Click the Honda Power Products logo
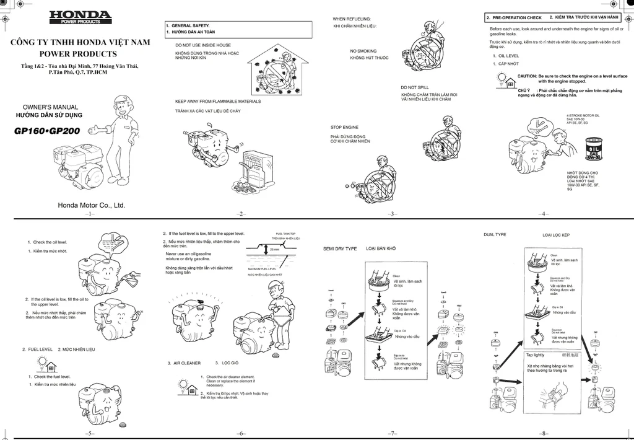(x=80, y=17)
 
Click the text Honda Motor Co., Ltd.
(x=91, y=205)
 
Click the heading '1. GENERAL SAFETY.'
(x=191, y=25)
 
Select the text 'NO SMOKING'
(x=363, y=51)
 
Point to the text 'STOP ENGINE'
(x=344, y=127)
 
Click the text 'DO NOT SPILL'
(x=414, y=87)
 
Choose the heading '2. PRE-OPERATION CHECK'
(x=514, y=17)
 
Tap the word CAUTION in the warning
(x=527, y=76)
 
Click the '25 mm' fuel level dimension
(x=276, y=249)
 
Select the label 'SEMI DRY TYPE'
(x=340, y=249)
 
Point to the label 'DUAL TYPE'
(x=495, y=235)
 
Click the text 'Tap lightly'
(x=536, y=355)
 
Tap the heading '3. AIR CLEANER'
(x=184, y=363)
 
